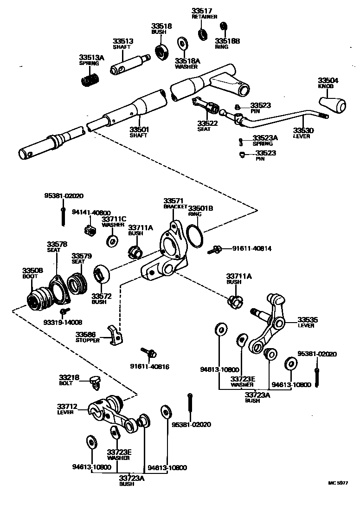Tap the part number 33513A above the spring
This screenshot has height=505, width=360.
click(91, 58)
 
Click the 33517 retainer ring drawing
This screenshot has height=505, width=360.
click(202, 33)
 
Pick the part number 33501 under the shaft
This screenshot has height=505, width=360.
click(139, 129)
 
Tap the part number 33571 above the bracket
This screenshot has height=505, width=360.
click(172, 201)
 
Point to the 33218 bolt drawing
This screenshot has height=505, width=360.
click(96, 382)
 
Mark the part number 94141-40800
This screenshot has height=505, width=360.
click(91, 213)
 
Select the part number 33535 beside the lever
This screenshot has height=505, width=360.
click(308, 319)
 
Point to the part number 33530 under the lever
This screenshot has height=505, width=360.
click(303, 130)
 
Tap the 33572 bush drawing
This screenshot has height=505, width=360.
click(101, 274)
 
